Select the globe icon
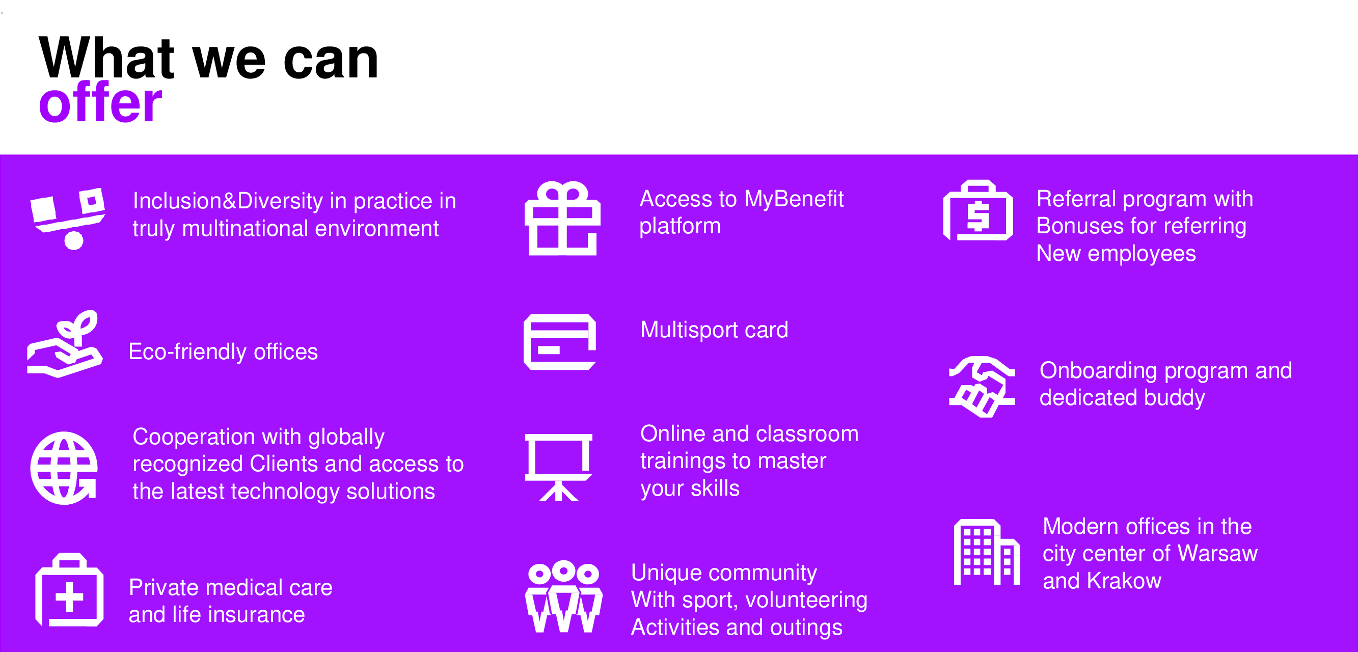click(64, 468)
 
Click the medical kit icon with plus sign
click(69, 590)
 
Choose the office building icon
click(986, 552)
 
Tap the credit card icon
click(559, 342)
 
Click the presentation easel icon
click(559, 467)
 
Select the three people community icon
click(563, 595)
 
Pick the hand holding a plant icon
click(64, 344)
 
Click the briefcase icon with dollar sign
click(978, 210)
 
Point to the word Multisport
click(689, 331)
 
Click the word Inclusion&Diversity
click(228, 201)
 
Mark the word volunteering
click(806, 601)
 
